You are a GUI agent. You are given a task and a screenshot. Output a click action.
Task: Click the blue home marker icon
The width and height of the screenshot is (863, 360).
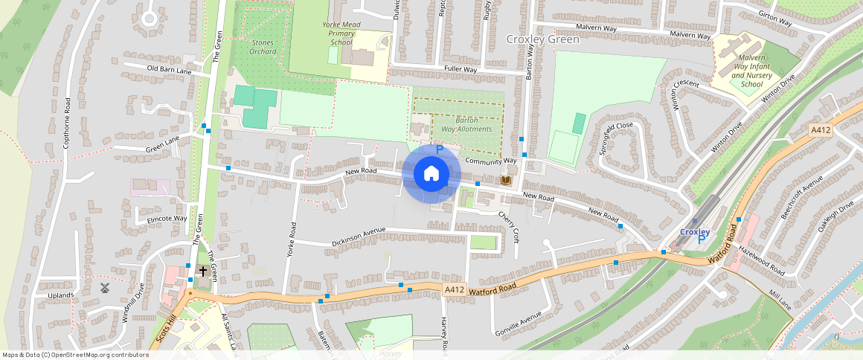click(x=431, y=174)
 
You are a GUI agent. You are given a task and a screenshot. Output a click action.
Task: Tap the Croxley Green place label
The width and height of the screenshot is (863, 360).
click(x=542, y=39)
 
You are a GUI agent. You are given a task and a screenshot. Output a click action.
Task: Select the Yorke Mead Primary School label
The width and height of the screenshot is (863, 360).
click(x=341, y=33)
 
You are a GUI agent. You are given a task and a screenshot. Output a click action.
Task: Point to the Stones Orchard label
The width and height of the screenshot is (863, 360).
click(x=263, y=47)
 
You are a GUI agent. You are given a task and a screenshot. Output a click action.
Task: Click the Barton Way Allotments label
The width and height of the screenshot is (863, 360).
click(x=466, y=124)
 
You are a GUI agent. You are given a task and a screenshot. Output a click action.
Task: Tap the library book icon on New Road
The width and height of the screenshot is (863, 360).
click(x=507, y=181)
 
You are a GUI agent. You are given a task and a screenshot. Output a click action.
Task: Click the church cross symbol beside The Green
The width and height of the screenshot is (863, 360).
click(x=202, y=271)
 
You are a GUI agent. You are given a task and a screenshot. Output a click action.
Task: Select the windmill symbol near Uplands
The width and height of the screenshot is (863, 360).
click(x=105, y=287)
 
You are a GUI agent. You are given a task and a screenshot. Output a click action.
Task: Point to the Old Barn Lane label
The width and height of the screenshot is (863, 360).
click(x=169, y=71)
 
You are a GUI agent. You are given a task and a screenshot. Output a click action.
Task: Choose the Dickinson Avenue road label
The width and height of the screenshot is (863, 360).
click(x=359, y=237)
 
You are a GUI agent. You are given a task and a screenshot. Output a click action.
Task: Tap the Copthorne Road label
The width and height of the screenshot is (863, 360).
click(x=67, y=123)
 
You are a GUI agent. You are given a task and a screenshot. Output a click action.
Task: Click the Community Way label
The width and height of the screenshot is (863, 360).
click(x=490, y=161)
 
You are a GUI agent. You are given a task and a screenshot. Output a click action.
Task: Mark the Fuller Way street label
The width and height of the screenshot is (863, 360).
click(x=460, y=70)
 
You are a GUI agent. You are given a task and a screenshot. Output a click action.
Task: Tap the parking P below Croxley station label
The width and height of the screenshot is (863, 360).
click(x=701, y=240)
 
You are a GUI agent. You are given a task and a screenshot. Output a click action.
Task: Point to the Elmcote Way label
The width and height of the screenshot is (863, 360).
click(x=167, y=219)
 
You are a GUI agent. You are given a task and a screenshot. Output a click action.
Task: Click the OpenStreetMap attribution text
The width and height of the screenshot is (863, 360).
click(x=75, y=355)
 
